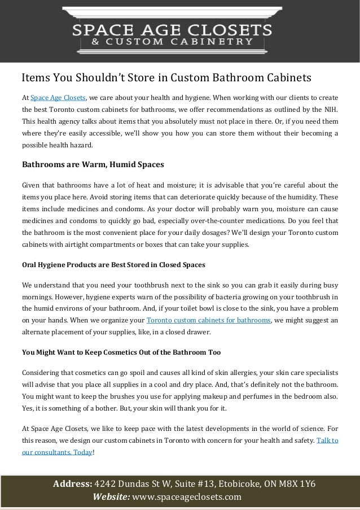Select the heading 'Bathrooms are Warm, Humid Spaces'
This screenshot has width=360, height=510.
tap(93, 165)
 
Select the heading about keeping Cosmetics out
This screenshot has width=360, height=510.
tap(121, 353)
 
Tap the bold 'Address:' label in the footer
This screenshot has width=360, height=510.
tap(72, 484)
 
